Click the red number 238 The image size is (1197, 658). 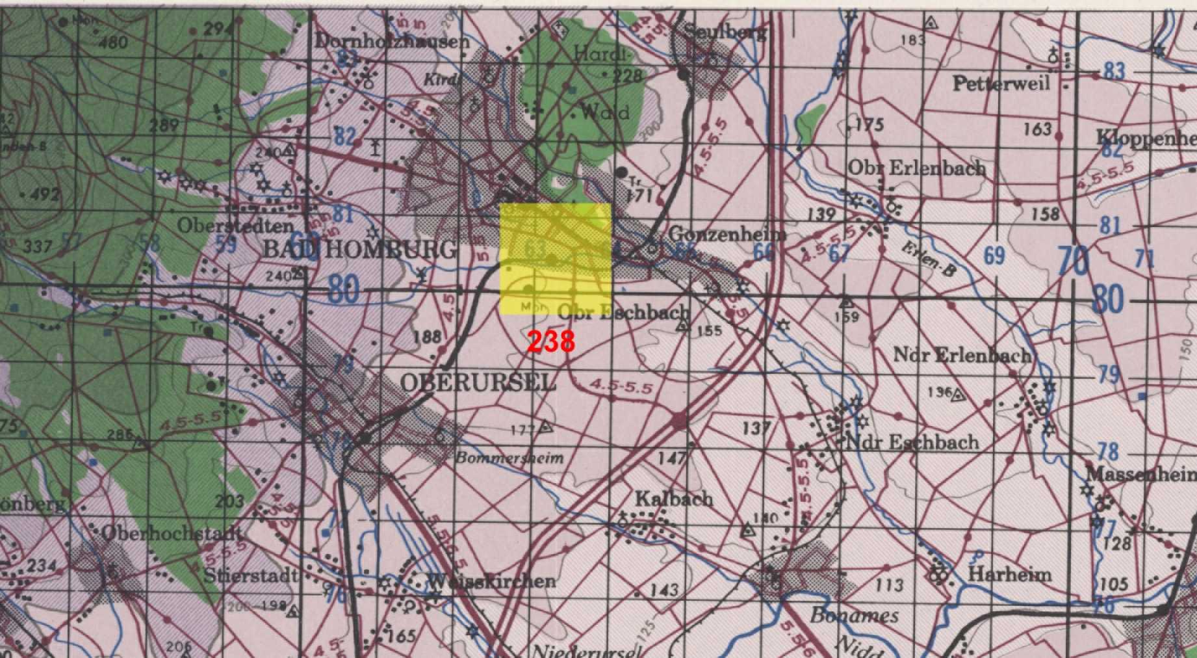point(551,341)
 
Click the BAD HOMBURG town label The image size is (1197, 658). point(359,250)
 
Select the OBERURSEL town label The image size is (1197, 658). point(478,383)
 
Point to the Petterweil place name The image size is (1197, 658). point(1001,84)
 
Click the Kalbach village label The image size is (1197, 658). point(673,499)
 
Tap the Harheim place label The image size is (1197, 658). point(1009,574)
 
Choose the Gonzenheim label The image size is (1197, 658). point(727,234)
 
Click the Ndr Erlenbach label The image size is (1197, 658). point(962,355)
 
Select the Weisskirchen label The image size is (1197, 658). point(493,582)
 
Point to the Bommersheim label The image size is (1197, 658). point(509,458)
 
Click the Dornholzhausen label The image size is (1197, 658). point(392,42)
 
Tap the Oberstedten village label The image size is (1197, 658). point(235,226)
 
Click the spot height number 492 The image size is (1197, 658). point(44,194)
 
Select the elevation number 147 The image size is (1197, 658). point(671,458)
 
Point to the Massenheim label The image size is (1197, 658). point(1140,474)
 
